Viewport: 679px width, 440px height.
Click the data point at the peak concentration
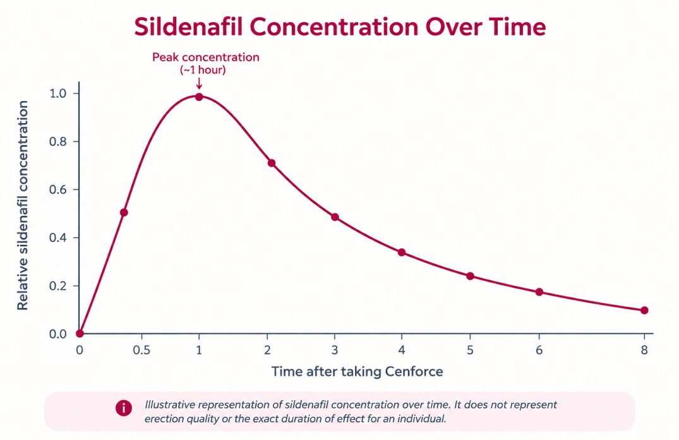[x=199, y=97]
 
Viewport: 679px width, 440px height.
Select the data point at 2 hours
[x=272, y=163]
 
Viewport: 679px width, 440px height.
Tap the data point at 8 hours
[x=644, y=310]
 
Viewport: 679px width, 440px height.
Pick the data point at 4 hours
[x=402, y=253]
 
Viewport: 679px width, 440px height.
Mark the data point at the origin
[x=80, y=333]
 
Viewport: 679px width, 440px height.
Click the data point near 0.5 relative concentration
[x=124, y=213]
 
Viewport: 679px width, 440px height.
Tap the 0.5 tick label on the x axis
[x=141, y=350]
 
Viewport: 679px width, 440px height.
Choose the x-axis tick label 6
[x=539, y=350]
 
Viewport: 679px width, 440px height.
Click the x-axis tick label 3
[x=334, y=350]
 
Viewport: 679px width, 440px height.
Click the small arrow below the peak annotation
[x=199, y=83]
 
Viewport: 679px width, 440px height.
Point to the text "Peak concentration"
[x=206, y=57]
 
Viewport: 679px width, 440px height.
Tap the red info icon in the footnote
[x=124, y=408]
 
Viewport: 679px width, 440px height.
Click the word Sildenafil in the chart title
[x=188, y=27]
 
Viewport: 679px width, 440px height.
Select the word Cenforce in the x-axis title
[x=414, y=372]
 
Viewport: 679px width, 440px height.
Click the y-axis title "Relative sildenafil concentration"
[x=23, y=206]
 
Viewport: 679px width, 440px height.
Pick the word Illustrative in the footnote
[x=170, y=405]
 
